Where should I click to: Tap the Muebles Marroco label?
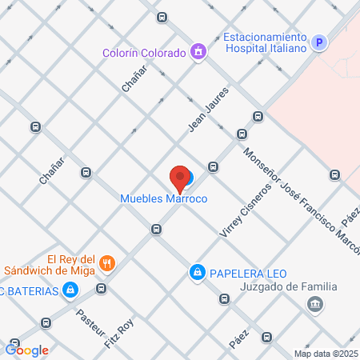164,198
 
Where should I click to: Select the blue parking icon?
319,43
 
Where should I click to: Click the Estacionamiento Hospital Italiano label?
265,43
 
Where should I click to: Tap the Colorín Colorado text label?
144,54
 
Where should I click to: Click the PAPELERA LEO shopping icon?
196,273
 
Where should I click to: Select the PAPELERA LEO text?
242,273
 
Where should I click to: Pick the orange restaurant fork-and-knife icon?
109,262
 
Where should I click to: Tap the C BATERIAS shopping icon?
72,290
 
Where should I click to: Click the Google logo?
26,350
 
